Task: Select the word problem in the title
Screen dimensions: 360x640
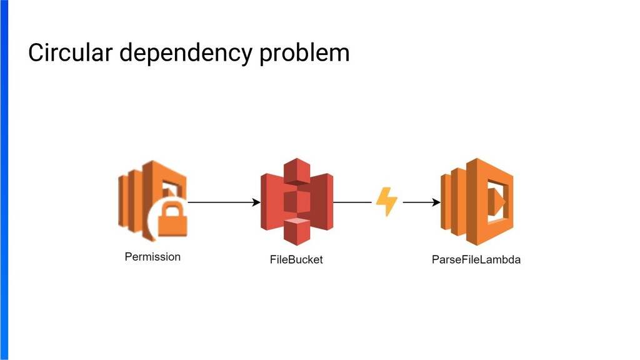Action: point(304,54)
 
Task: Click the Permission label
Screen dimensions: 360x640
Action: point(152,257)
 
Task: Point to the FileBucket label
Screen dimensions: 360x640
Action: point(296,259)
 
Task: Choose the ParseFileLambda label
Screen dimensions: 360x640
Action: point(476,259)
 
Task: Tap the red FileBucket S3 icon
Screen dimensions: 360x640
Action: point(297,201)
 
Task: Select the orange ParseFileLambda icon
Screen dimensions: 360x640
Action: point(477,201)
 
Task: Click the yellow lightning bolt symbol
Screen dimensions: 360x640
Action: point(386,202)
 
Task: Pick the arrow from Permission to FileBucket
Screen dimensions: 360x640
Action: point(222,202)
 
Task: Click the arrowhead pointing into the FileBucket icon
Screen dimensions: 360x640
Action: point(256,202)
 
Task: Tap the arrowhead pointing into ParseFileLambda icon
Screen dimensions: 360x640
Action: point(436,202)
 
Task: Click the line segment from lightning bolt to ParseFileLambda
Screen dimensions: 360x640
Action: point(419,202)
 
